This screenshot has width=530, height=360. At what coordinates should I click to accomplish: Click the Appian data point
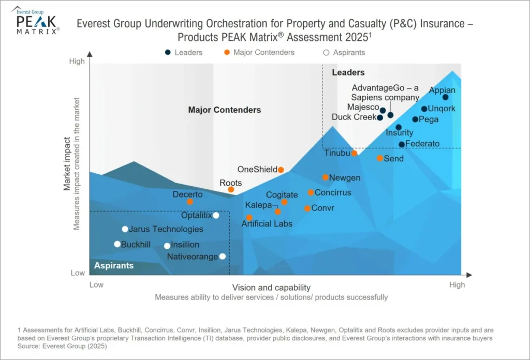445,97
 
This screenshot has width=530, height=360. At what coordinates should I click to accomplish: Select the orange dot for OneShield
281,170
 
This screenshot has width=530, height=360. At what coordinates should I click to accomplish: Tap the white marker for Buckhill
117,244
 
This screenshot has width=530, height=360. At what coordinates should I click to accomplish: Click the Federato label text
422,144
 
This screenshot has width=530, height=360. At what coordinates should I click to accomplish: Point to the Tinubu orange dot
355,153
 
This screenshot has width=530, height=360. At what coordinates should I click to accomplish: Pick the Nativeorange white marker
223,256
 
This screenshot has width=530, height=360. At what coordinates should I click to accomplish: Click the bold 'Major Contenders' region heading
225,110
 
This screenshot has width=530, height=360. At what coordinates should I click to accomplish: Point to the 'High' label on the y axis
77,62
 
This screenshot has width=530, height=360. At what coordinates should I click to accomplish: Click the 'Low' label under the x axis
96,284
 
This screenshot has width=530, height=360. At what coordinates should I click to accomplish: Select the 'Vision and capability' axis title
271,288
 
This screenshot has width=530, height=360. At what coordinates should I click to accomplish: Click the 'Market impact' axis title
67,163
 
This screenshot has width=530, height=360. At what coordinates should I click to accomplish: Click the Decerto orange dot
190,202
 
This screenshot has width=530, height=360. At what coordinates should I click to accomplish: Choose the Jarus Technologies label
166,229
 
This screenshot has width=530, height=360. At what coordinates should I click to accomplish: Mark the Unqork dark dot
424,109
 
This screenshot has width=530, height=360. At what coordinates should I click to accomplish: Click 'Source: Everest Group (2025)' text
55,347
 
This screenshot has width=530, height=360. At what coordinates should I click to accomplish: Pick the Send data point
380,158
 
